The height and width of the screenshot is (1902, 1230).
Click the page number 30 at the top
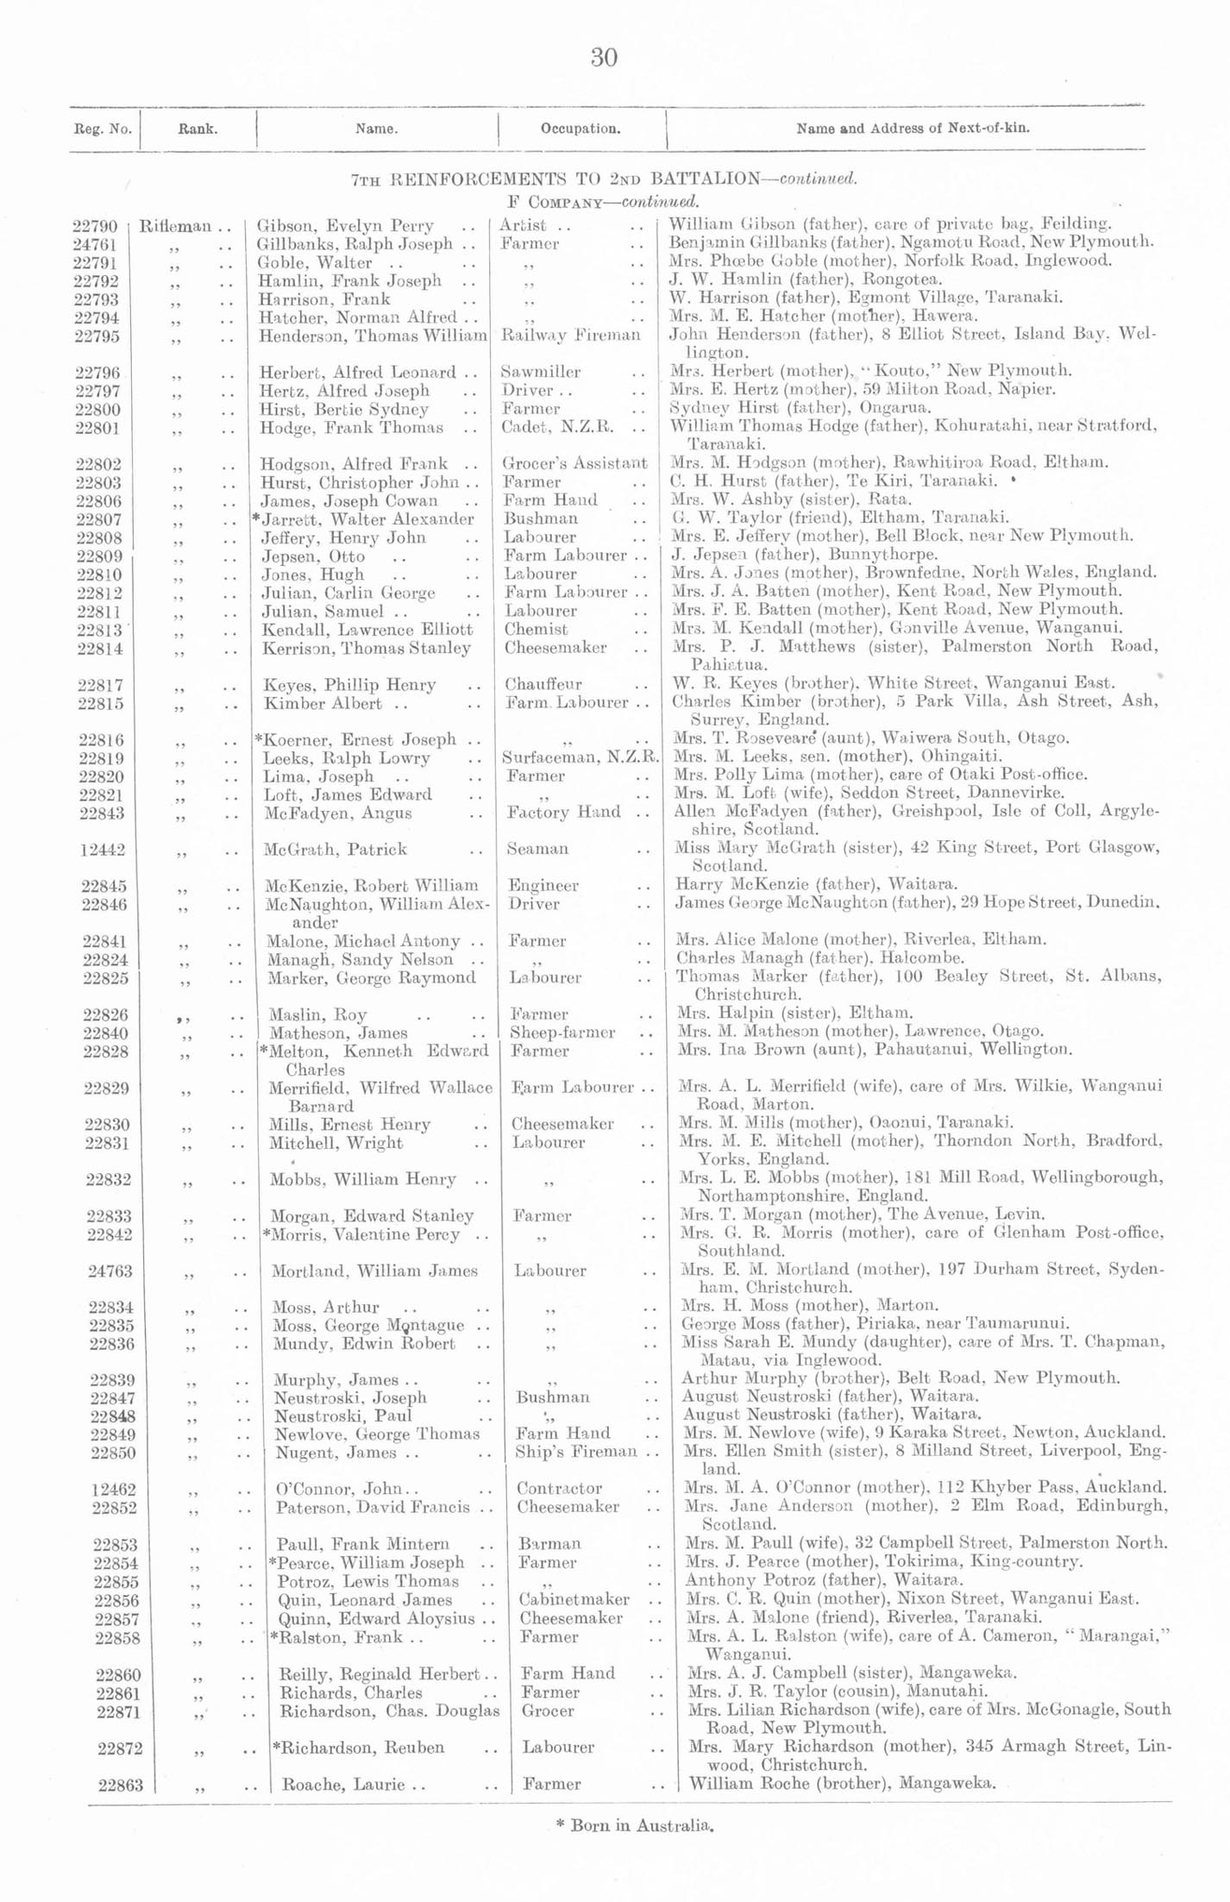(604, 58)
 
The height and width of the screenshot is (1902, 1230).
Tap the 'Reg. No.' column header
(103, 129)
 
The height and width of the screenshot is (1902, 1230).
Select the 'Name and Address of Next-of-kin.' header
(912, 129)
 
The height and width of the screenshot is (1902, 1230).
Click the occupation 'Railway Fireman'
(570, 335)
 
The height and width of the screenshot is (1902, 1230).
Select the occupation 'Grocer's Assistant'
(574, 463)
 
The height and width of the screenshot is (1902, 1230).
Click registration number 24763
(110, 1271)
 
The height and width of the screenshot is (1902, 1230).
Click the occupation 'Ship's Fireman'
(576, 1452)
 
